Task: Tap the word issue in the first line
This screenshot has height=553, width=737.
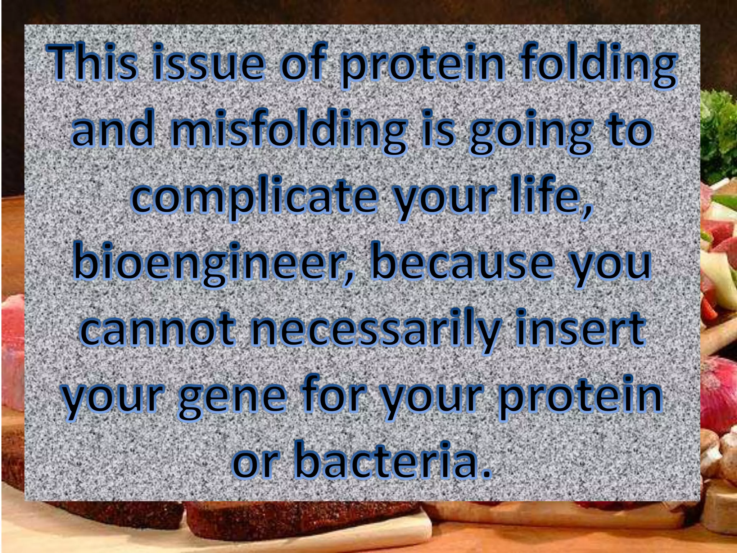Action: point(208,62)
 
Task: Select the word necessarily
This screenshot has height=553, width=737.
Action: point(376,329)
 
